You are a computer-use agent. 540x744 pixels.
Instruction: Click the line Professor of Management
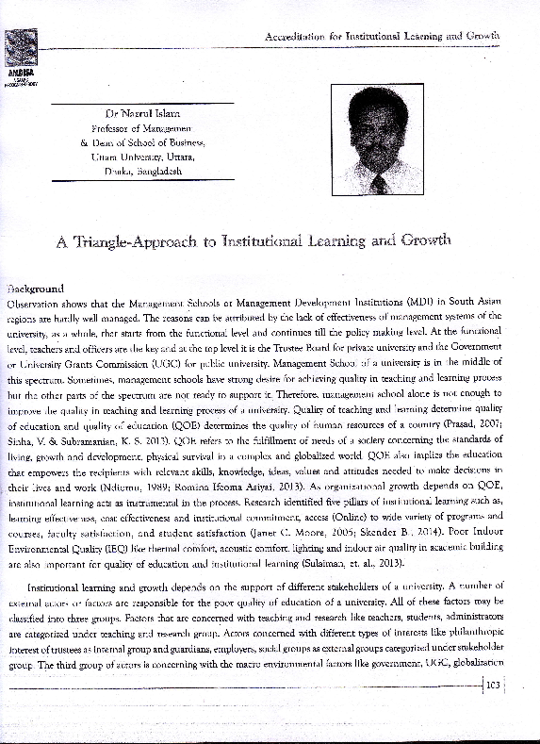[x=142, y=129]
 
